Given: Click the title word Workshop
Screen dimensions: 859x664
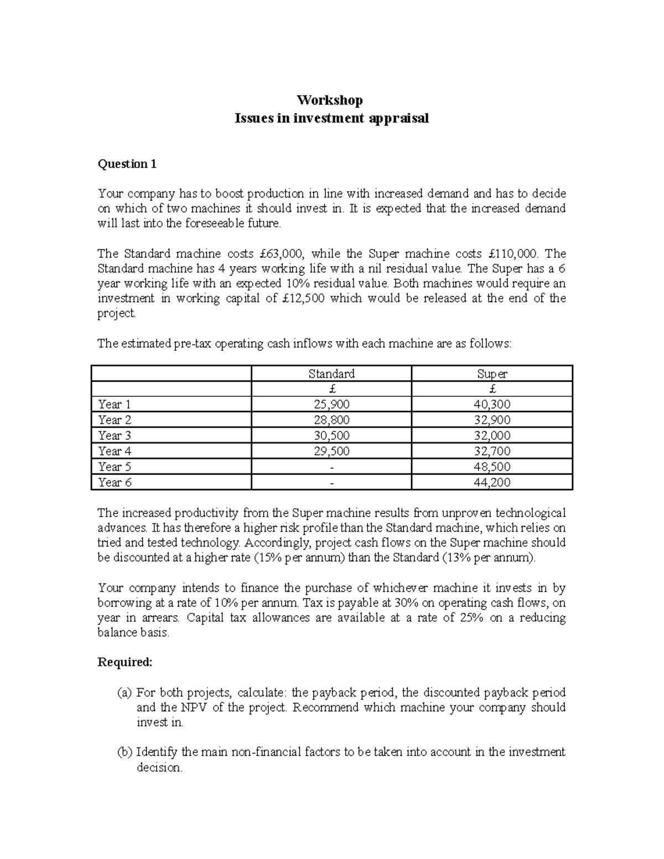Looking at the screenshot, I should click(x=330, y=100).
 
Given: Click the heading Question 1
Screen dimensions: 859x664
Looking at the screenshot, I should click(x=127, y=164).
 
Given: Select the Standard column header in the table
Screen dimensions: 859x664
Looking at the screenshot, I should click(x=331, y=373).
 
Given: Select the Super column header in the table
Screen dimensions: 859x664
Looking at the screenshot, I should click(x=492, y=373).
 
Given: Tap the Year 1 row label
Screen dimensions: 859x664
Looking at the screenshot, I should click(x=115, y=404).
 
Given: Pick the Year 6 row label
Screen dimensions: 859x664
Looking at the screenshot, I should click(x=115, y=482).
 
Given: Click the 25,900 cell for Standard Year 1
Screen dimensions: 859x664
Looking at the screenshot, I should click(x=331, y=404).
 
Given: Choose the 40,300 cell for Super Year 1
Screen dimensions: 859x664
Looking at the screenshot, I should click(x=492, y=404).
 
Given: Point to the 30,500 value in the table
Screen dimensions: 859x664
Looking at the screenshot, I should click(x=331, y=435).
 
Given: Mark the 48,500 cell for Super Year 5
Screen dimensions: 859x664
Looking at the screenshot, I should click(x=492, y=467).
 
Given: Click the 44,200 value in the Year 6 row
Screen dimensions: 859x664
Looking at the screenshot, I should click(x=492, y=482).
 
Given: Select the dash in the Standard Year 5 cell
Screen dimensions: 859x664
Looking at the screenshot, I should click(x=331, y=467).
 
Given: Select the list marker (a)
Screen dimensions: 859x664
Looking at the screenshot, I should click(x=124, y=693).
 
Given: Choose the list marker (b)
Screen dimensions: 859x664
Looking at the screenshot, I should click(x=124, y=752).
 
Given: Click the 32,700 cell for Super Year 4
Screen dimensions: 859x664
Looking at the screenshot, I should click(x=492, y=451).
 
